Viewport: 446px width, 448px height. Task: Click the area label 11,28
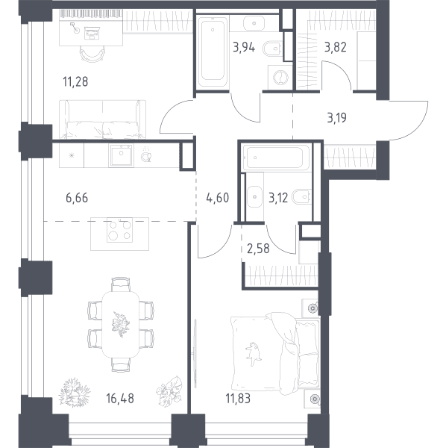pyautogui.click(x=75, y=81)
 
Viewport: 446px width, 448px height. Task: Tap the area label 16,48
pyautogui.click(x=120, y=398)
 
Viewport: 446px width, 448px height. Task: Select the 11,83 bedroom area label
pyautogui.click(x=238, y=398)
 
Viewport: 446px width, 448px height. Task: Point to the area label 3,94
pyautogui.click(x=244, y=48)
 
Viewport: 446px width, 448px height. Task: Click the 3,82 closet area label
pyautogui.click(x=336, y=48)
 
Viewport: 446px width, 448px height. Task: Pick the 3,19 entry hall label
pyautogui.click(x=336, y=118)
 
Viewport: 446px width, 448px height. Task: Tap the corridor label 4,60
pyautogui.click(x=218, y=198)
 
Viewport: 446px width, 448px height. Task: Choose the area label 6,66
pyautogui.click(x=77, y=198)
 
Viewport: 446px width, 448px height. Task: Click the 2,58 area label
pyautogui.click(x=258, y=249)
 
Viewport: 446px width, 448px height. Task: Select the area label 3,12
pyautogui.click(x=278, y=198)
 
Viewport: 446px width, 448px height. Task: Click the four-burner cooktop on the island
pyautogui.click(x=120, y=230)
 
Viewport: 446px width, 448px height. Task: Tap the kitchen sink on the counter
pyautogui.click(x=121, y=155)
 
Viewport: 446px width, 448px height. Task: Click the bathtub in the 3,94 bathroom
pyautogui.click(x=213, y=52)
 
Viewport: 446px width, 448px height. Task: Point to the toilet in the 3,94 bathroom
pyautogui.click(x=272, y=49)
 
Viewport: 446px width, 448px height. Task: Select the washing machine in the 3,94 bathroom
pyautogui.click(x=280, y=78)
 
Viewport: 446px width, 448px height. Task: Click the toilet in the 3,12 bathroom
pyautogui.click(x=302, y=196)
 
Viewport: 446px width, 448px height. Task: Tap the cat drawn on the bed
pyautogui.click(x=253, y=354)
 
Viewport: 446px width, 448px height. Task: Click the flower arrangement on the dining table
pyautogui.click(x=120, y=325)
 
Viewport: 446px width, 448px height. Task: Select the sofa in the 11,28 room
pyautogui.click(x=102, y=119)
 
